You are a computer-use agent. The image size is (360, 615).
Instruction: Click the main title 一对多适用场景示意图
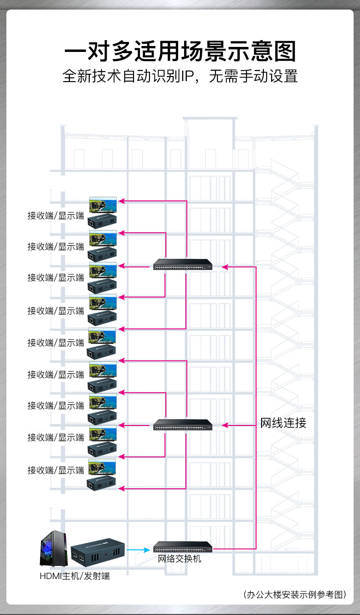pyautogui.click(x=180, y=51)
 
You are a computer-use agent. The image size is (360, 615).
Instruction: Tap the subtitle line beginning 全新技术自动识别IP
pyautogui.click(x=180, y=76)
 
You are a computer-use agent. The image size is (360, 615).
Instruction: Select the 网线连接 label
pyautogui.click(x=283, y=423)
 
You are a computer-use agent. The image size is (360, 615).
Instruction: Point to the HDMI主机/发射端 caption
pyautogui.click(x=75, y=576)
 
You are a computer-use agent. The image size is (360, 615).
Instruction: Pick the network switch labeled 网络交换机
pyautogui.click(x=183, y=546)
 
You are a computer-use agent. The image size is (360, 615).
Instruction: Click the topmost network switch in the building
pyautogui.click(x=183, y=264)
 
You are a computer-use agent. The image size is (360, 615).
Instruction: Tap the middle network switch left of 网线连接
pyautogui.click(x=183, y=425)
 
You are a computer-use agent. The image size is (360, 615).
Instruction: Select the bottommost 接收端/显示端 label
pyautogui.click(x=56, y=470)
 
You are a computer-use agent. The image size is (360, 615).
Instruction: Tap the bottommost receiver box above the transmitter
pyautogui.click(x=102, y=482)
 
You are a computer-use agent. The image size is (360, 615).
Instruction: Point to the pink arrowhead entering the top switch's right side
pyautogui.click(x=225, y=267)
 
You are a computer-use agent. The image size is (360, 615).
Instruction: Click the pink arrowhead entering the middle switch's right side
pyautogui.click(x=225, y=425)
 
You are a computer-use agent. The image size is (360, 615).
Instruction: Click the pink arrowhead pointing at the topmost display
pyautogui.click(x=122, y=200)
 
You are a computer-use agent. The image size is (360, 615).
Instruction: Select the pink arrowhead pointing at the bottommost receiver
pyautogui.click(x=122, y=488)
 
